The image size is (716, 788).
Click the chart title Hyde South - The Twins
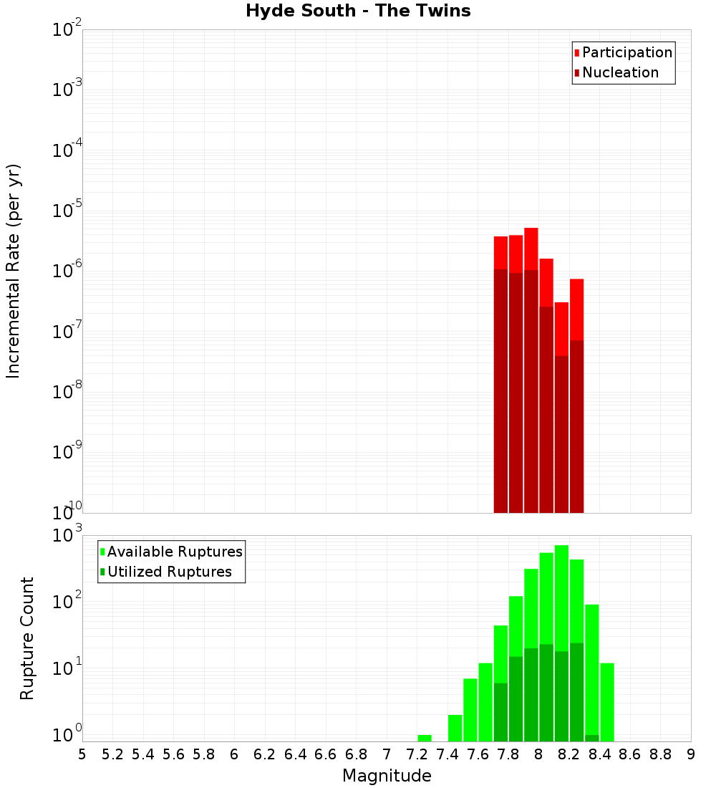pyautogui.click(x=358, y=11)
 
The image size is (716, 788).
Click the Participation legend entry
pyautogui.click(x=623, y=52)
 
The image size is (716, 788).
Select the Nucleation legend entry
pyautogui.click(x=616, y=72)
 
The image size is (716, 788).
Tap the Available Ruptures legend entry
pyautogui.click(x=171, y=552)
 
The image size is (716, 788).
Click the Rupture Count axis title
pyautogui.click(x=27, y=638)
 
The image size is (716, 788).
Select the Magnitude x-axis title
pyautogui.click(x=387, y=776)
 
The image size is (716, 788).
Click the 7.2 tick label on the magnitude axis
pyautogui.click(x=417, y=754)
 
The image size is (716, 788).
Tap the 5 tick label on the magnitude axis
pyautogui.click(x=82, y=754)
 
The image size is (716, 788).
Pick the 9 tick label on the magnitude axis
pyautogui.click(x=691, y=754)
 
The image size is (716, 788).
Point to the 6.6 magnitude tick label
pyautogui.click(x=326, y=754)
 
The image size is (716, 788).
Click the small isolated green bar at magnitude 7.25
pyautogui.click(x=425, y=738)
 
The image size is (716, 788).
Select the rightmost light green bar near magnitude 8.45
pyautogui.click(x=607, y=702)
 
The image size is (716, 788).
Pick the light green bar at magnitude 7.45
pyautogui.click(x=455, y=728)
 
